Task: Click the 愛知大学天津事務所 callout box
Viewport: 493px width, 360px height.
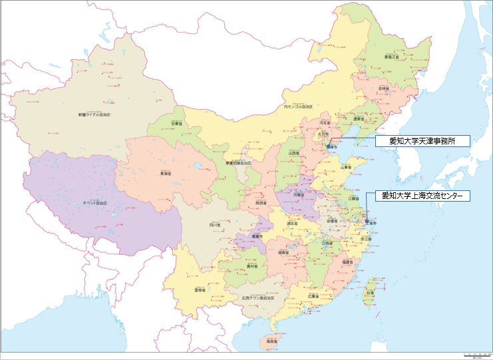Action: click(x=422, y=140)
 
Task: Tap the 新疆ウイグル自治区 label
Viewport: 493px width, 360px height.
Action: click(x=94, y=115)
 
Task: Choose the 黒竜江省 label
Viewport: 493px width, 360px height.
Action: click(x=393, y=57)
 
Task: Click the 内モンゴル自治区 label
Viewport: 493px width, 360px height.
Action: click(x=297, y=106)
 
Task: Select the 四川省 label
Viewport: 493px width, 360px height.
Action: click(x=215, y=226)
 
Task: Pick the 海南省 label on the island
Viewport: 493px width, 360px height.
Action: click(x=271, y=341)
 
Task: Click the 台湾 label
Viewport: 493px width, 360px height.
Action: click(x=370, y=291)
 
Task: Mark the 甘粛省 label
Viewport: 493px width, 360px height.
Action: click(x=176, y=123)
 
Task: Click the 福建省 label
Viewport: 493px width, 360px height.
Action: click(x=347, y=262)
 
